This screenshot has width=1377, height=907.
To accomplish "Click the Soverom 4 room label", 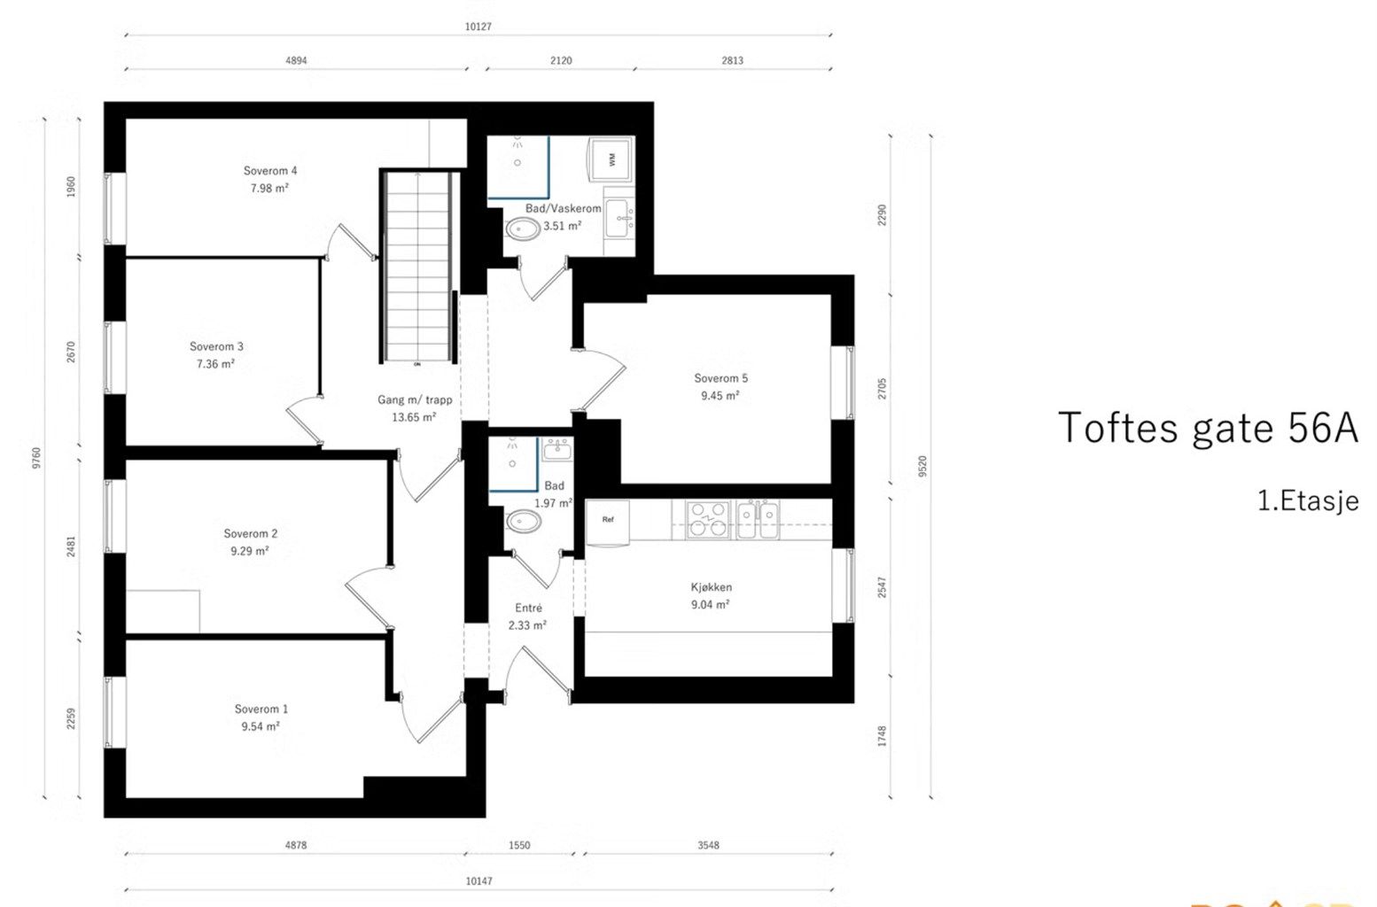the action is (x=270, y=171).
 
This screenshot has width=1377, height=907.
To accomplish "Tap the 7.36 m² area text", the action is (x=215, y=364).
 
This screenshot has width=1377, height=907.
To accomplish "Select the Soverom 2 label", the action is (x=250, y=533).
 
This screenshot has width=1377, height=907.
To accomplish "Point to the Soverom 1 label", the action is (x=261, y=709).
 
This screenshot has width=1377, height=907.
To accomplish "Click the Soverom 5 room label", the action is (x=720, y=378).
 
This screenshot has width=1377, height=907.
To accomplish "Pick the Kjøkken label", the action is (x=711, y=587).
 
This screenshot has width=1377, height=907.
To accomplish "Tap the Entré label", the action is (x=528, y=608).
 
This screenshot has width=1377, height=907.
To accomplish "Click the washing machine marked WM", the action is (x=611, y=159).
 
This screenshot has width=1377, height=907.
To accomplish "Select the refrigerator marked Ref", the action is (x=607, y=522).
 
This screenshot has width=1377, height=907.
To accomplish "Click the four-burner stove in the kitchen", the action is (x=708, y=520).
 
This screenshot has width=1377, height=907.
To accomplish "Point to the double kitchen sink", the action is (x=758, y=520).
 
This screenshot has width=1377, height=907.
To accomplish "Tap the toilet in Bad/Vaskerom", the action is (x=523, y=229).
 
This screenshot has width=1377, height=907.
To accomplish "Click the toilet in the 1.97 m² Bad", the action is (x=523, y=522).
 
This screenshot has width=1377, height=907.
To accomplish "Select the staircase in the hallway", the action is (x=418, y=267).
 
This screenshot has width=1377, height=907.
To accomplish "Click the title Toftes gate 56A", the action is (x=1208, y=429).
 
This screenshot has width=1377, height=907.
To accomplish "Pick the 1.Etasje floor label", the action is (x=1308, y=500).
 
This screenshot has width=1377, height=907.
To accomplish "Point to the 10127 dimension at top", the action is (x=478, y=27).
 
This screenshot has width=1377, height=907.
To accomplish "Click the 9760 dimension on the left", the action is (x=36, y=458).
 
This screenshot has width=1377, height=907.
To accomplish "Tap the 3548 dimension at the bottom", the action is (x=708, y=845).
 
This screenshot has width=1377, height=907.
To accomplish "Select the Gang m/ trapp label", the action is (x=415, y=399).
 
